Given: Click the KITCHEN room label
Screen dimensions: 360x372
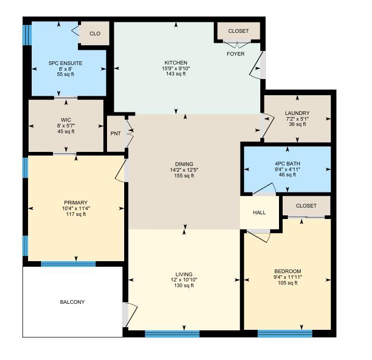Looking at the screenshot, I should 176,63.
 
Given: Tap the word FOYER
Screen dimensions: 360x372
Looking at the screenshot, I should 235,54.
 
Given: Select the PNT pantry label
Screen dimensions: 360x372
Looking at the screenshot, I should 115,134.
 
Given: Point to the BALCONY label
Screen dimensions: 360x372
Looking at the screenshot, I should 72,302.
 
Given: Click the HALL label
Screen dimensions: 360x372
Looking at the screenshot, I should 259,212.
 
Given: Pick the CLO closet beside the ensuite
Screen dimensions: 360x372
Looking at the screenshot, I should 95,34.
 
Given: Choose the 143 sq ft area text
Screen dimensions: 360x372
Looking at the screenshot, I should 176,74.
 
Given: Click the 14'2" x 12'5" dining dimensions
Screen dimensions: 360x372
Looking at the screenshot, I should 184,170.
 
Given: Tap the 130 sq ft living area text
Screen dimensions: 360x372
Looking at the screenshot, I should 184,286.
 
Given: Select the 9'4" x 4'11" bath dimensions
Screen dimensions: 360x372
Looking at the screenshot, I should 287,169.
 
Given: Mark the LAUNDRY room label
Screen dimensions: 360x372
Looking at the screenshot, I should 297,113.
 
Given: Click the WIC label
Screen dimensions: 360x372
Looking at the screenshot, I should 66,120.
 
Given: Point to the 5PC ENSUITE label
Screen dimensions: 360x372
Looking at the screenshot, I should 65,63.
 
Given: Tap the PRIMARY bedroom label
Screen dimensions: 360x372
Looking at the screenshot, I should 76,203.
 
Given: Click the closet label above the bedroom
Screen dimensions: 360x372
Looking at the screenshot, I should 306,206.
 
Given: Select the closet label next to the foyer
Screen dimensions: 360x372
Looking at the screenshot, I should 238,31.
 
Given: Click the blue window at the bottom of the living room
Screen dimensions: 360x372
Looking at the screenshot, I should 172,334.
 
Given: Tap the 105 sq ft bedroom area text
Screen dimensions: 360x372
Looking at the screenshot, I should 288,283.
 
